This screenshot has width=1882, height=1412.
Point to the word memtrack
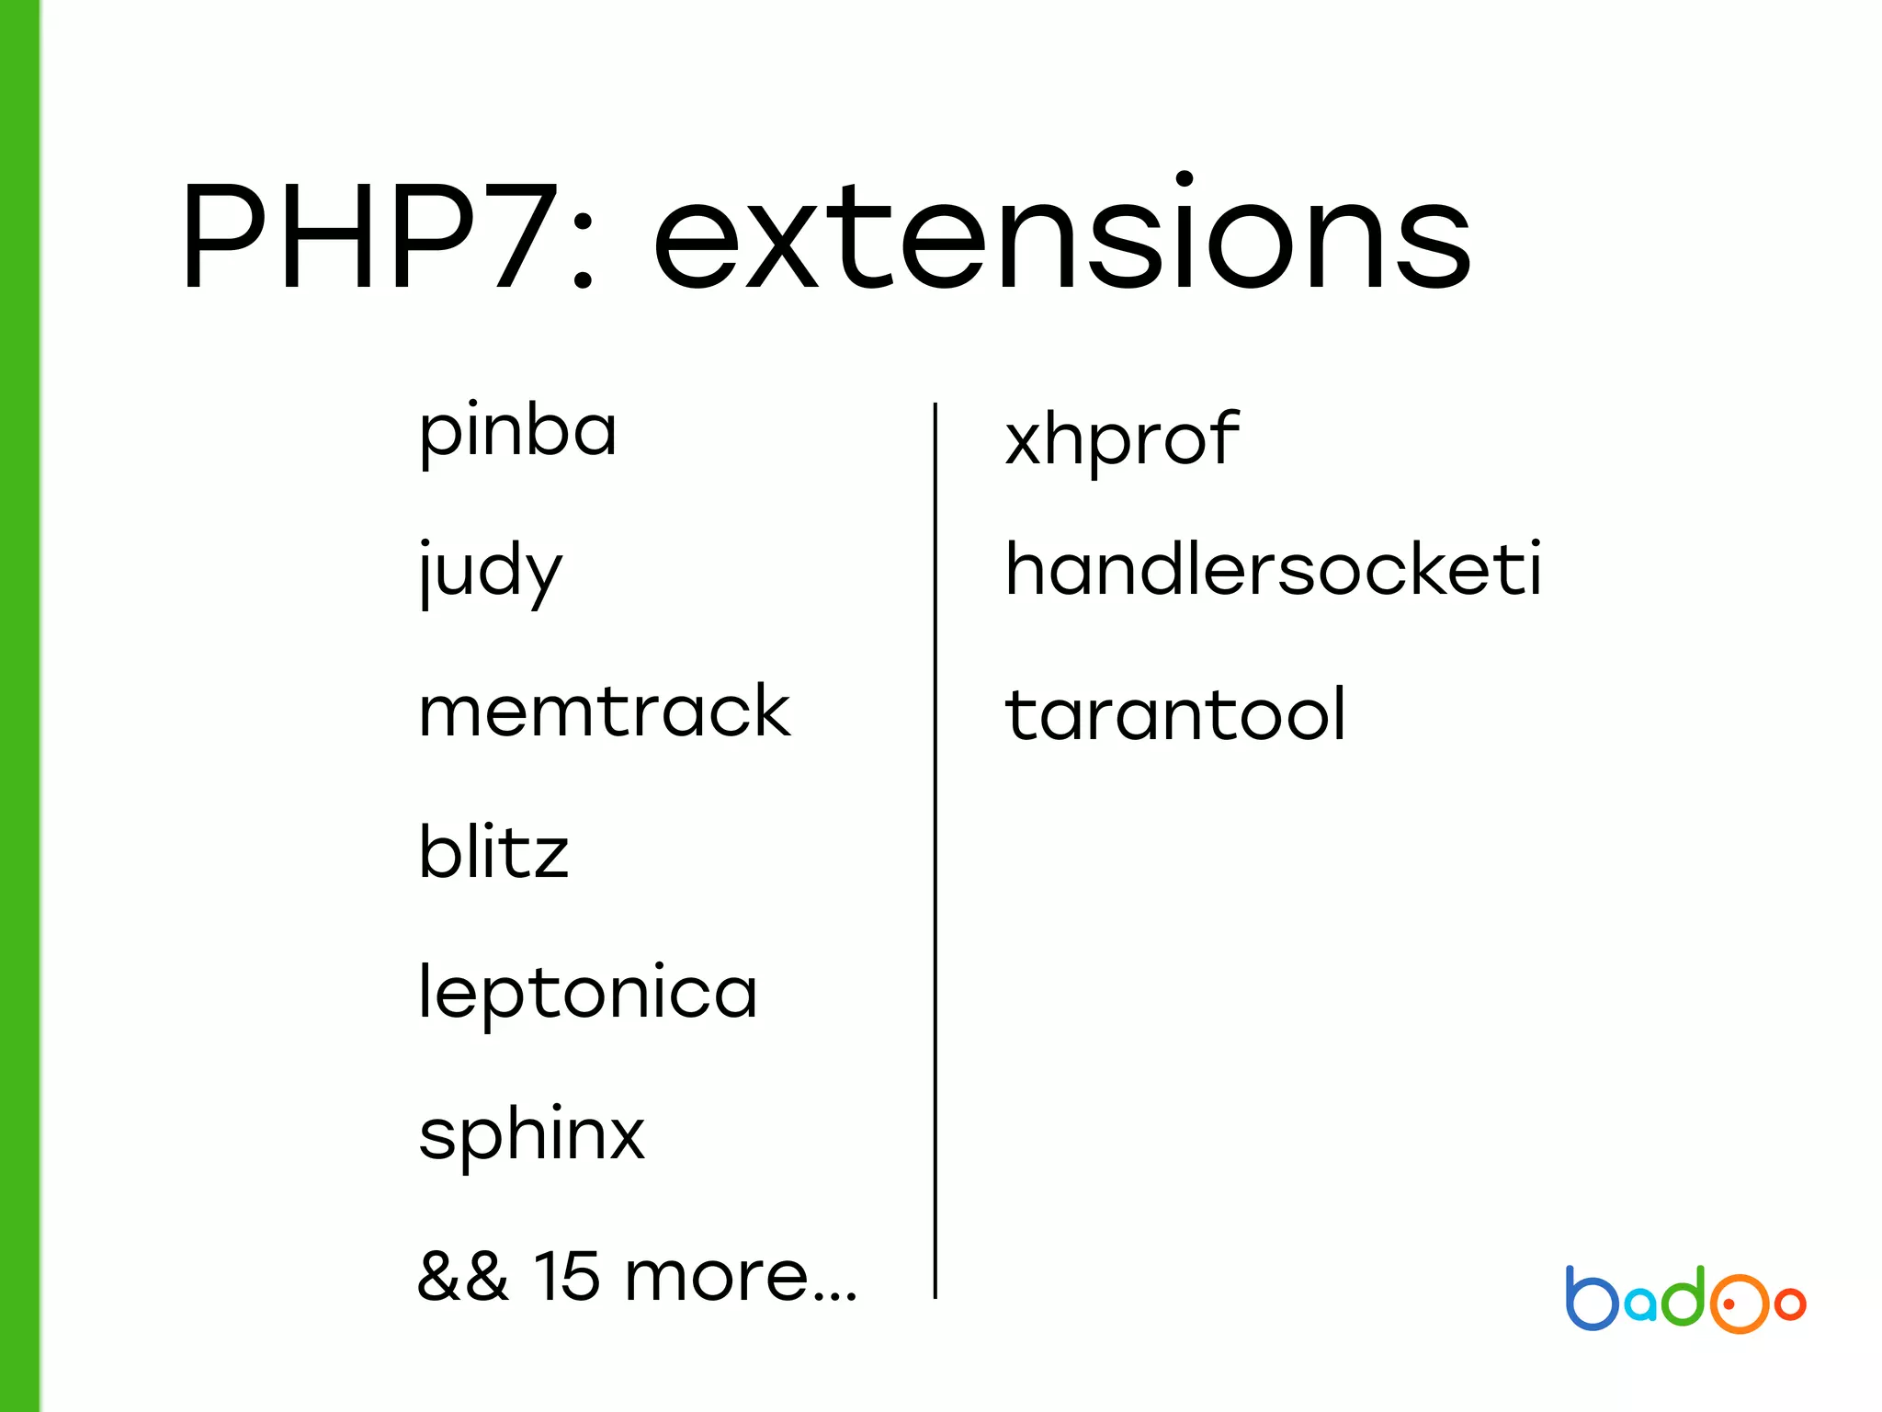tap(604, 712)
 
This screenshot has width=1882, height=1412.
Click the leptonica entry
tap(587, 993)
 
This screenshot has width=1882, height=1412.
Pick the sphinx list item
tap(531, 1134)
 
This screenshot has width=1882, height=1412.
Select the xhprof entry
tap(1122, 439)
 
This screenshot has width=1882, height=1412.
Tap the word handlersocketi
tap(1273, 570)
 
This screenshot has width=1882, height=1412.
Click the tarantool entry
tap(1175, 715)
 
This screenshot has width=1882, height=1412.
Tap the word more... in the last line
tap(741, 1278)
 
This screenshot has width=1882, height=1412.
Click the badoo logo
tap(1685, 1300)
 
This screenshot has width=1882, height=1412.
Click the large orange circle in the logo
tap(1737, 1304)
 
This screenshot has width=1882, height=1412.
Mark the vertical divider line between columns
tap(935, 849)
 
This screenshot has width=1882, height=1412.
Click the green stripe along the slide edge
tap(19, 706)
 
